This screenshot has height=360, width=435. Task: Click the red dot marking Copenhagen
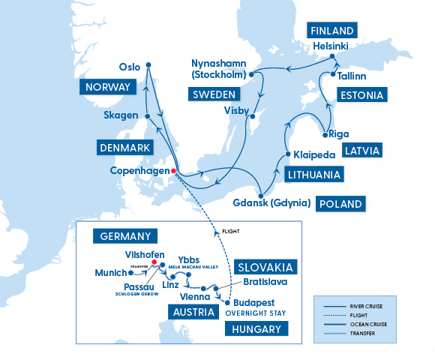coord(173,171)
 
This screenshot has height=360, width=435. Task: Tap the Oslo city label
coord(130,65)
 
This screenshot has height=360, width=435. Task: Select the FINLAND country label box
coord(331,31)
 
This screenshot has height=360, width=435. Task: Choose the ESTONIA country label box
coord(361,95)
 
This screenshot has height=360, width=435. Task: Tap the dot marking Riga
coord(325,135)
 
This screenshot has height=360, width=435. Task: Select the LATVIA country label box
coord(362,150)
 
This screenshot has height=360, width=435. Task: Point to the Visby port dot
coord(253,117)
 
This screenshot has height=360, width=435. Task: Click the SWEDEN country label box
coord(214,94)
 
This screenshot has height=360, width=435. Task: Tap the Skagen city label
coord(122,115)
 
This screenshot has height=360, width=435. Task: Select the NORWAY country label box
coord(108,88)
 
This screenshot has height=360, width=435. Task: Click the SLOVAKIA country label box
coord(265,267)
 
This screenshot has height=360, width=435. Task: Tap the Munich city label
coord(110,273)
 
